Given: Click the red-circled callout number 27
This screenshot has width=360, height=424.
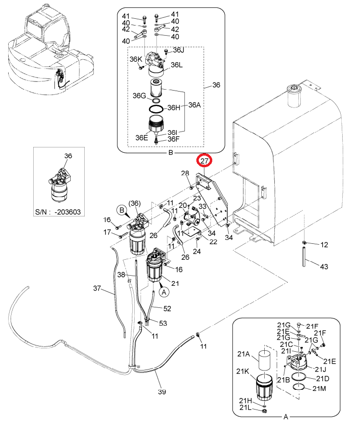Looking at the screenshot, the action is (x=205, y=161).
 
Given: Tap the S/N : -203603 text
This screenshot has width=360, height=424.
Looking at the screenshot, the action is (x=58, y=212).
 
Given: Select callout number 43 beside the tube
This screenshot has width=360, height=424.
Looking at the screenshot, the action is (x=324, y=266).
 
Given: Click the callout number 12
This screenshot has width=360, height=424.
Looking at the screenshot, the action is (x=324, y=245).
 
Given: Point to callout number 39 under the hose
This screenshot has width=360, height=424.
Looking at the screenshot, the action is (x=162, y=392).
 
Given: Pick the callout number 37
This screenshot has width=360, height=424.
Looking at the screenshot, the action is (x=97, y=288).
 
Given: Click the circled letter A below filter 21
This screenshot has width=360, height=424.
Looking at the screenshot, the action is (x=164, y=292).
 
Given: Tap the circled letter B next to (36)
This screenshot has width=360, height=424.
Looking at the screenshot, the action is (x=122, y=211).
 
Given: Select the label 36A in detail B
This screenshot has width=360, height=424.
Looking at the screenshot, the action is (x=194, y=105).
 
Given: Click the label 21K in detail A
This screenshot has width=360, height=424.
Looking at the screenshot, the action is (x=243, y=371).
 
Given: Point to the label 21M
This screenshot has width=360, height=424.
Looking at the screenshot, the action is (x=319, y=388).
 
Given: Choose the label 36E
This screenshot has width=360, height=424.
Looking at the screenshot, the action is (x=142, y=137).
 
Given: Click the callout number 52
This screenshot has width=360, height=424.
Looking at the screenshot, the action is (x=167, y=308).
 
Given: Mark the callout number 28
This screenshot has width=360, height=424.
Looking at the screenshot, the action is (x=185, y=173).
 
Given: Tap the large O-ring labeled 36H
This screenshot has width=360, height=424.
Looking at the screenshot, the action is (x=156, y=109).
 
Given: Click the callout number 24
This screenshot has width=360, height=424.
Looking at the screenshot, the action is (x=197, y=251).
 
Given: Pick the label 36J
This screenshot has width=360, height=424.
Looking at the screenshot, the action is (x=179, y=50).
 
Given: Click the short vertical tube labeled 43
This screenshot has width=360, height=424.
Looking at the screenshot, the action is (x=304, y=256).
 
